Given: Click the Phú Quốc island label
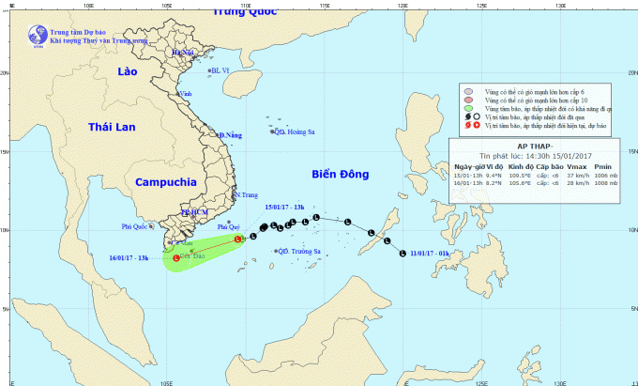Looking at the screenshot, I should (136, 226).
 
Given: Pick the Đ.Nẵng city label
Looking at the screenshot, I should (231, 135).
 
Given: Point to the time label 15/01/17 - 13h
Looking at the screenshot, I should (285, 206).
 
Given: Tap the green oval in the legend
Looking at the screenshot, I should (467, 110).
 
